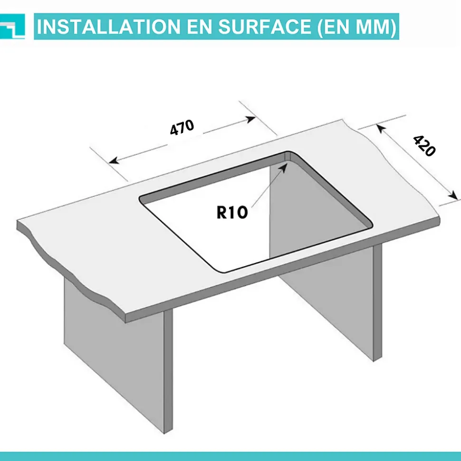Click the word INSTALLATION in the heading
[108, 27]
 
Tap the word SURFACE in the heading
[264, 27]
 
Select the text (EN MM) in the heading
[357, 27]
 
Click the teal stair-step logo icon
[12, 27]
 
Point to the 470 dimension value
[182, 127]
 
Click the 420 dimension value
[424, 146]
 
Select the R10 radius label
[232, 212]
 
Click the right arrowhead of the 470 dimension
[250, 119]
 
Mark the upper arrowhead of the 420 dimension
[380, 128]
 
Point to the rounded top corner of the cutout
[289, 153]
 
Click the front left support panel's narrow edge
[168, 371]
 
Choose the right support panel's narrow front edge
[377, 303]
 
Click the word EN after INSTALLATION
[199, 27]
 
